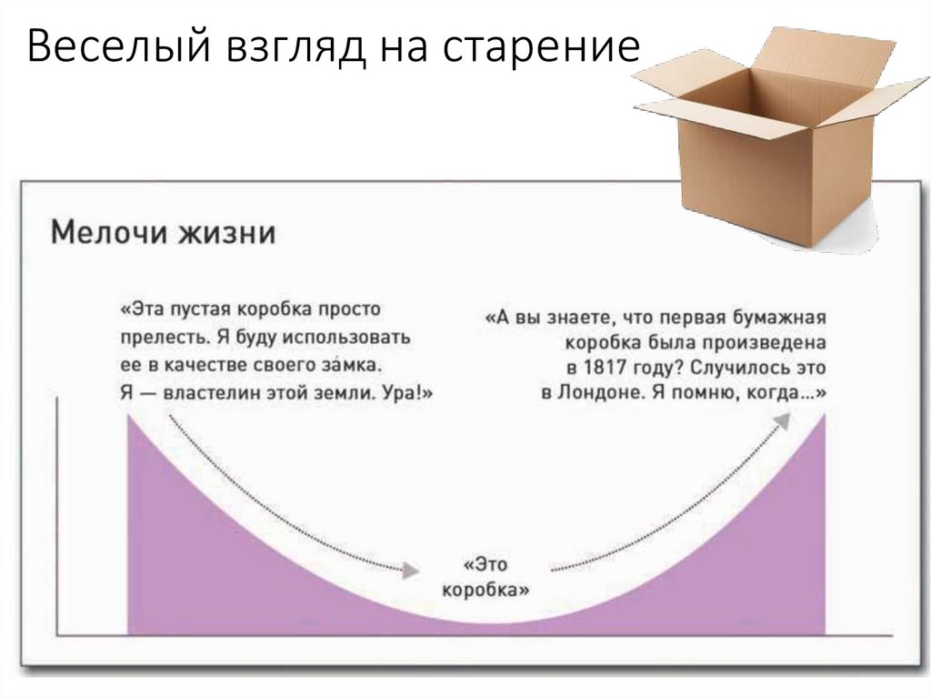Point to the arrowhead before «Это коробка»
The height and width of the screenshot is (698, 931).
tap(411, 570)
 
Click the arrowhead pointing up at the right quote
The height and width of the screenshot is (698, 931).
tap(783, 419)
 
